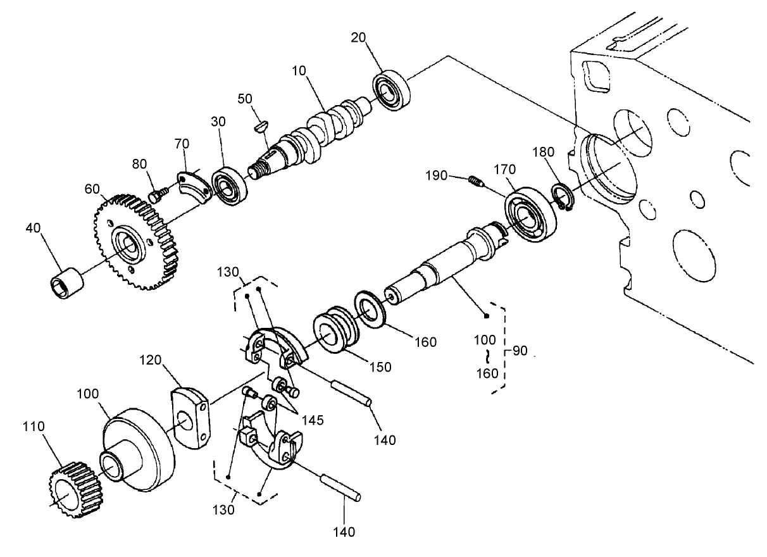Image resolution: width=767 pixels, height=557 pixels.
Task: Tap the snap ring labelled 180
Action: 562,197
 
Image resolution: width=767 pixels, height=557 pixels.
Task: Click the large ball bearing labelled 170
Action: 530,215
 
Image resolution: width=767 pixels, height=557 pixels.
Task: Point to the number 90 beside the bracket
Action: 520,351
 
